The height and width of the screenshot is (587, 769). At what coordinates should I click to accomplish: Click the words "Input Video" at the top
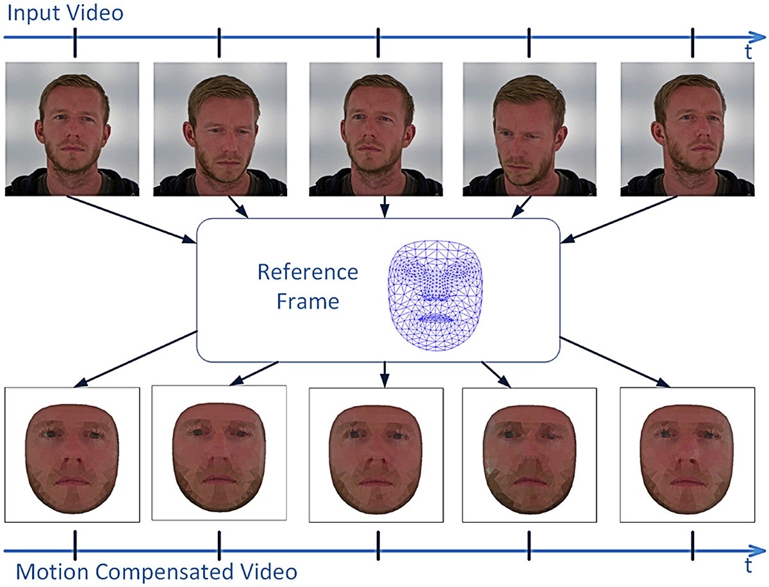point(65,14)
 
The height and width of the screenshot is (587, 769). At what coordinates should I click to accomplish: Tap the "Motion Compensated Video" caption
point(156,572)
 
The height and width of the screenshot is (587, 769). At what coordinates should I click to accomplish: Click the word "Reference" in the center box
point(308,272)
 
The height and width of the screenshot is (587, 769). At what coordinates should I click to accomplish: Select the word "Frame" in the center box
point(308,302)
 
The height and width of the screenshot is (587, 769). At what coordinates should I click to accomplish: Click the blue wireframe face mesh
point(435,296)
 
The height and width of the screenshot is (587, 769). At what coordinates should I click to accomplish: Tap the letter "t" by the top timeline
point(748,52)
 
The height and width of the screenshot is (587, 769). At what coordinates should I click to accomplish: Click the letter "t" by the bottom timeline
point(748,565)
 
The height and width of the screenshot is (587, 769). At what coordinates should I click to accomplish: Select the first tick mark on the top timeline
point(75,42)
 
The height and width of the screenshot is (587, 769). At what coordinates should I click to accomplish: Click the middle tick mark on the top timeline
point(378,42)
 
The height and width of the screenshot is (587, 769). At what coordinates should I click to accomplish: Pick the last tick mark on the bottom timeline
point(693,545)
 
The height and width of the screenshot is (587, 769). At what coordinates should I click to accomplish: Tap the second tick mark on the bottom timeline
point(219,545)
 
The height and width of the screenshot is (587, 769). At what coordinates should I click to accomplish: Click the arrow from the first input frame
point(131,219)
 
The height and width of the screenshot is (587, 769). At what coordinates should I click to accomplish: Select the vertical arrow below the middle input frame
point(384,207)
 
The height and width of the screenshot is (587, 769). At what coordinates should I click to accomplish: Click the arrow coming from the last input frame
point(618,219)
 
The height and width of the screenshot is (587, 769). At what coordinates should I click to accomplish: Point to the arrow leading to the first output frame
point(136,359)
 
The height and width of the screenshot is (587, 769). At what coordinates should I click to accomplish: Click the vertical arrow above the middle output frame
point(384,375)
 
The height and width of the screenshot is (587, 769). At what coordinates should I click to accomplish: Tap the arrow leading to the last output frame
point(615,362)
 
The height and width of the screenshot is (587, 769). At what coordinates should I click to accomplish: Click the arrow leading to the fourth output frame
point(496,375)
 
